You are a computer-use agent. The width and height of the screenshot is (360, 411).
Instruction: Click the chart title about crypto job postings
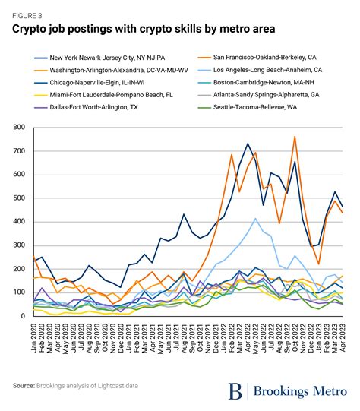point(143,29)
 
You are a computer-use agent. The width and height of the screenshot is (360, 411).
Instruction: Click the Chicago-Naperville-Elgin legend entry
point(97,83)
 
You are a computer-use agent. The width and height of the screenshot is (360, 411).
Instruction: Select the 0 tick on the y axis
point(24,315)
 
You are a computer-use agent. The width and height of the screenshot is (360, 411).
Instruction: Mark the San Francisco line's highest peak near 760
point(294,138)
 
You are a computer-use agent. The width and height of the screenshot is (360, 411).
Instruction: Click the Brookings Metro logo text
point(301,390)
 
